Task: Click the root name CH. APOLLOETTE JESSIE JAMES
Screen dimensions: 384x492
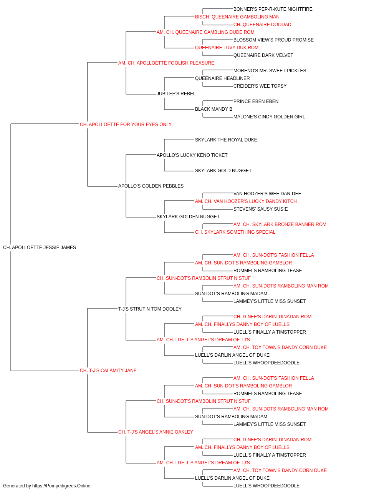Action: click(x=40, y=248)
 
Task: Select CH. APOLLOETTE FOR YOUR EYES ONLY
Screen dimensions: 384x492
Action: click(x=126, y=125)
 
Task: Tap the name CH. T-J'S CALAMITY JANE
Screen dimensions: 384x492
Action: click(x=108, y=371)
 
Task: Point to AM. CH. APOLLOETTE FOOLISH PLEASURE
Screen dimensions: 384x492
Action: click(x=166, y=63)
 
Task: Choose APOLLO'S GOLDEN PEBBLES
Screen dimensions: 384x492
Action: click(x=151, y=186)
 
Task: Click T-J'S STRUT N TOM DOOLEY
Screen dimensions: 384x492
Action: click(x=150, y=309)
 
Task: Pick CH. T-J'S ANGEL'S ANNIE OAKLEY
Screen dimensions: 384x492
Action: click(x=156, y=432)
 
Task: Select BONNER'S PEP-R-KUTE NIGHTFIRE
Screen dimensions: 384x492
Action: click(x=273, y=9)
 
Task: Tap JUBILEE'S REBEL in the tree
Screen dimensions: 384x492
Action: click(x=176, y=94)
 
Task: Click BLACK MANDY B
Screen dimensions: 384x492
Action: click(x=214, y=109)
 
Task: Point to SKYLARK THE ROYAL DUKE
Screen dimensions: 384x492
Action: click(x=226, y=140)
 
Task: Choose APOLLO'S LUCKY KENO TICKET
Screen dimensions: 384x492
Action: click(x=192, y=155)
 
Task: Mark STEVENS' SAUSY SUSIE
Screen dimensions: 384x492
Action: click(x=260, y=209)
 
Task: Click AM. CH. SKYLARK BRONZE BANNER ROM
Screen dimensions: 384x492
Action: click(x=280, y=224)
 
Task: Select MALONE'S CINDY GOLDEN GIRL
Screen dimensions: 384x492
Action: click(x=269, y=117)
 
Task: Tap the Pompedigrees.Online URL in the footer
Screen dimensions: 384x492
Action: click(x=61, y=486)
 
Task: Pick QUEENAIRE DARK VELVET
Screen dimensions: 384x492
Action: click(x=263, y=55)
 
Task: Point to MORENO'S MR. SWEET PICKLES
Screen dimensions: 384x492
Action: click(x=270, y=71)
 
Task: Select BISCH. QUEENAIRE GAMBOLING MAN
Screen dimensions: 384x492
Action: click(x=237, y=17)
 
